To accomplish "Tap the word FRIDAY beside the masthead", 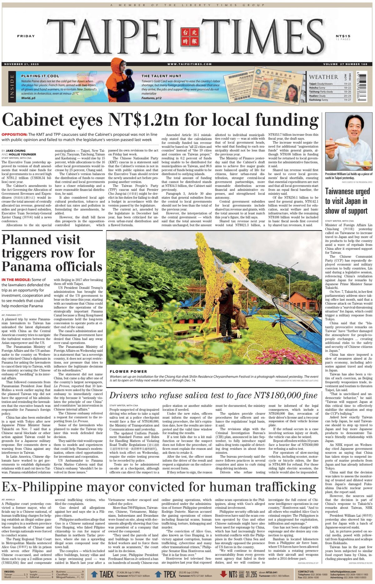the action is pyautogui.click(x=26, y=36).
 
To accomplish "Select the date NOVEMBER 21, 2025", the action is pyautogui.click(x=22, y=64).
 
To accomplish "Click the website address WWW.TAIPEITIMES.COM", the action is pyautogui.click(x=189, y=64).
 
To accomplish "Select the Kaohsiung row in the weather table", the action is pyautogui.click(x=330, y=100).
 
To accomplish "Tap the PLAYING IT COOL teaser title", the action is pyautogui.click(x=40, y=76).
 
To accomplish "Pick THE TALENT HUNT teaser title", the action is pyautogui.click(x=161, y=76).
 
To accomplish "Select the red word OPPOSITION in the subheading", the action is pyautogui.click(x=14, y=134).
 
